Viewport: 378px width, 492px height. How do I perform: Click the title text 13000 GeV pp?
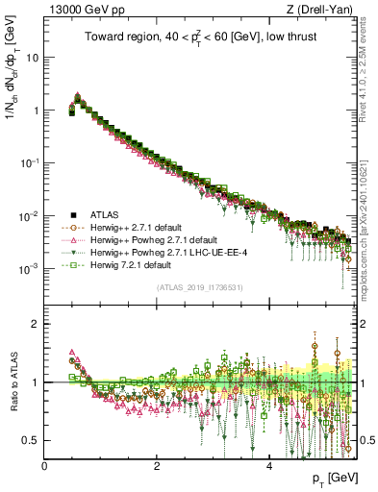point(82,10)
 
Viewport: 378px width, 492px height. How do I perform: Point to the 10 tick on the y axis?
point(32,57)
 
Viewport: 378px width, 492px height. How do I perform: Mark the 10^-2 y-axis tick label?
point(29,216)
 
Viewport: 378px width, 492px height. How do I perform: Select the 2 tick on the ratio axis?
point(37,324)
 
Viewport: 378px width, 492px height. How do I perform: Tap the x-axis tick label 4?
point(268,464)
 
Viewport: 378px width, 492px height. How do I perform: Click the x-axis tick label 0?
point(44,464)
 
